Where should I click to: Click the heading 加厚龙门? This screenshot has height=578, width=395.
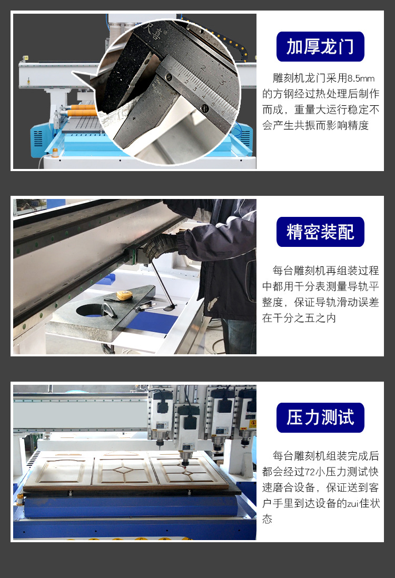click(x=320, y=46)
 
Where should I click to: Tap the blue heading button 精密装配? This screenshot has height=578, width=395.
click(x=320, y=232)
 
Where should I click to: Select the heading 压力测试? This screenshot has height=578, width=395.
click(x=320, y=417)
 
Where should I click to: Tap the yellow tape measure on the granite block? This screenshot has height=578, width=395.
click(x=124, y=296)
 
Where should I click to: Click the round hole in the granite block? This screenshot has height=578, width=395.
click(x=95, y=310)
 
